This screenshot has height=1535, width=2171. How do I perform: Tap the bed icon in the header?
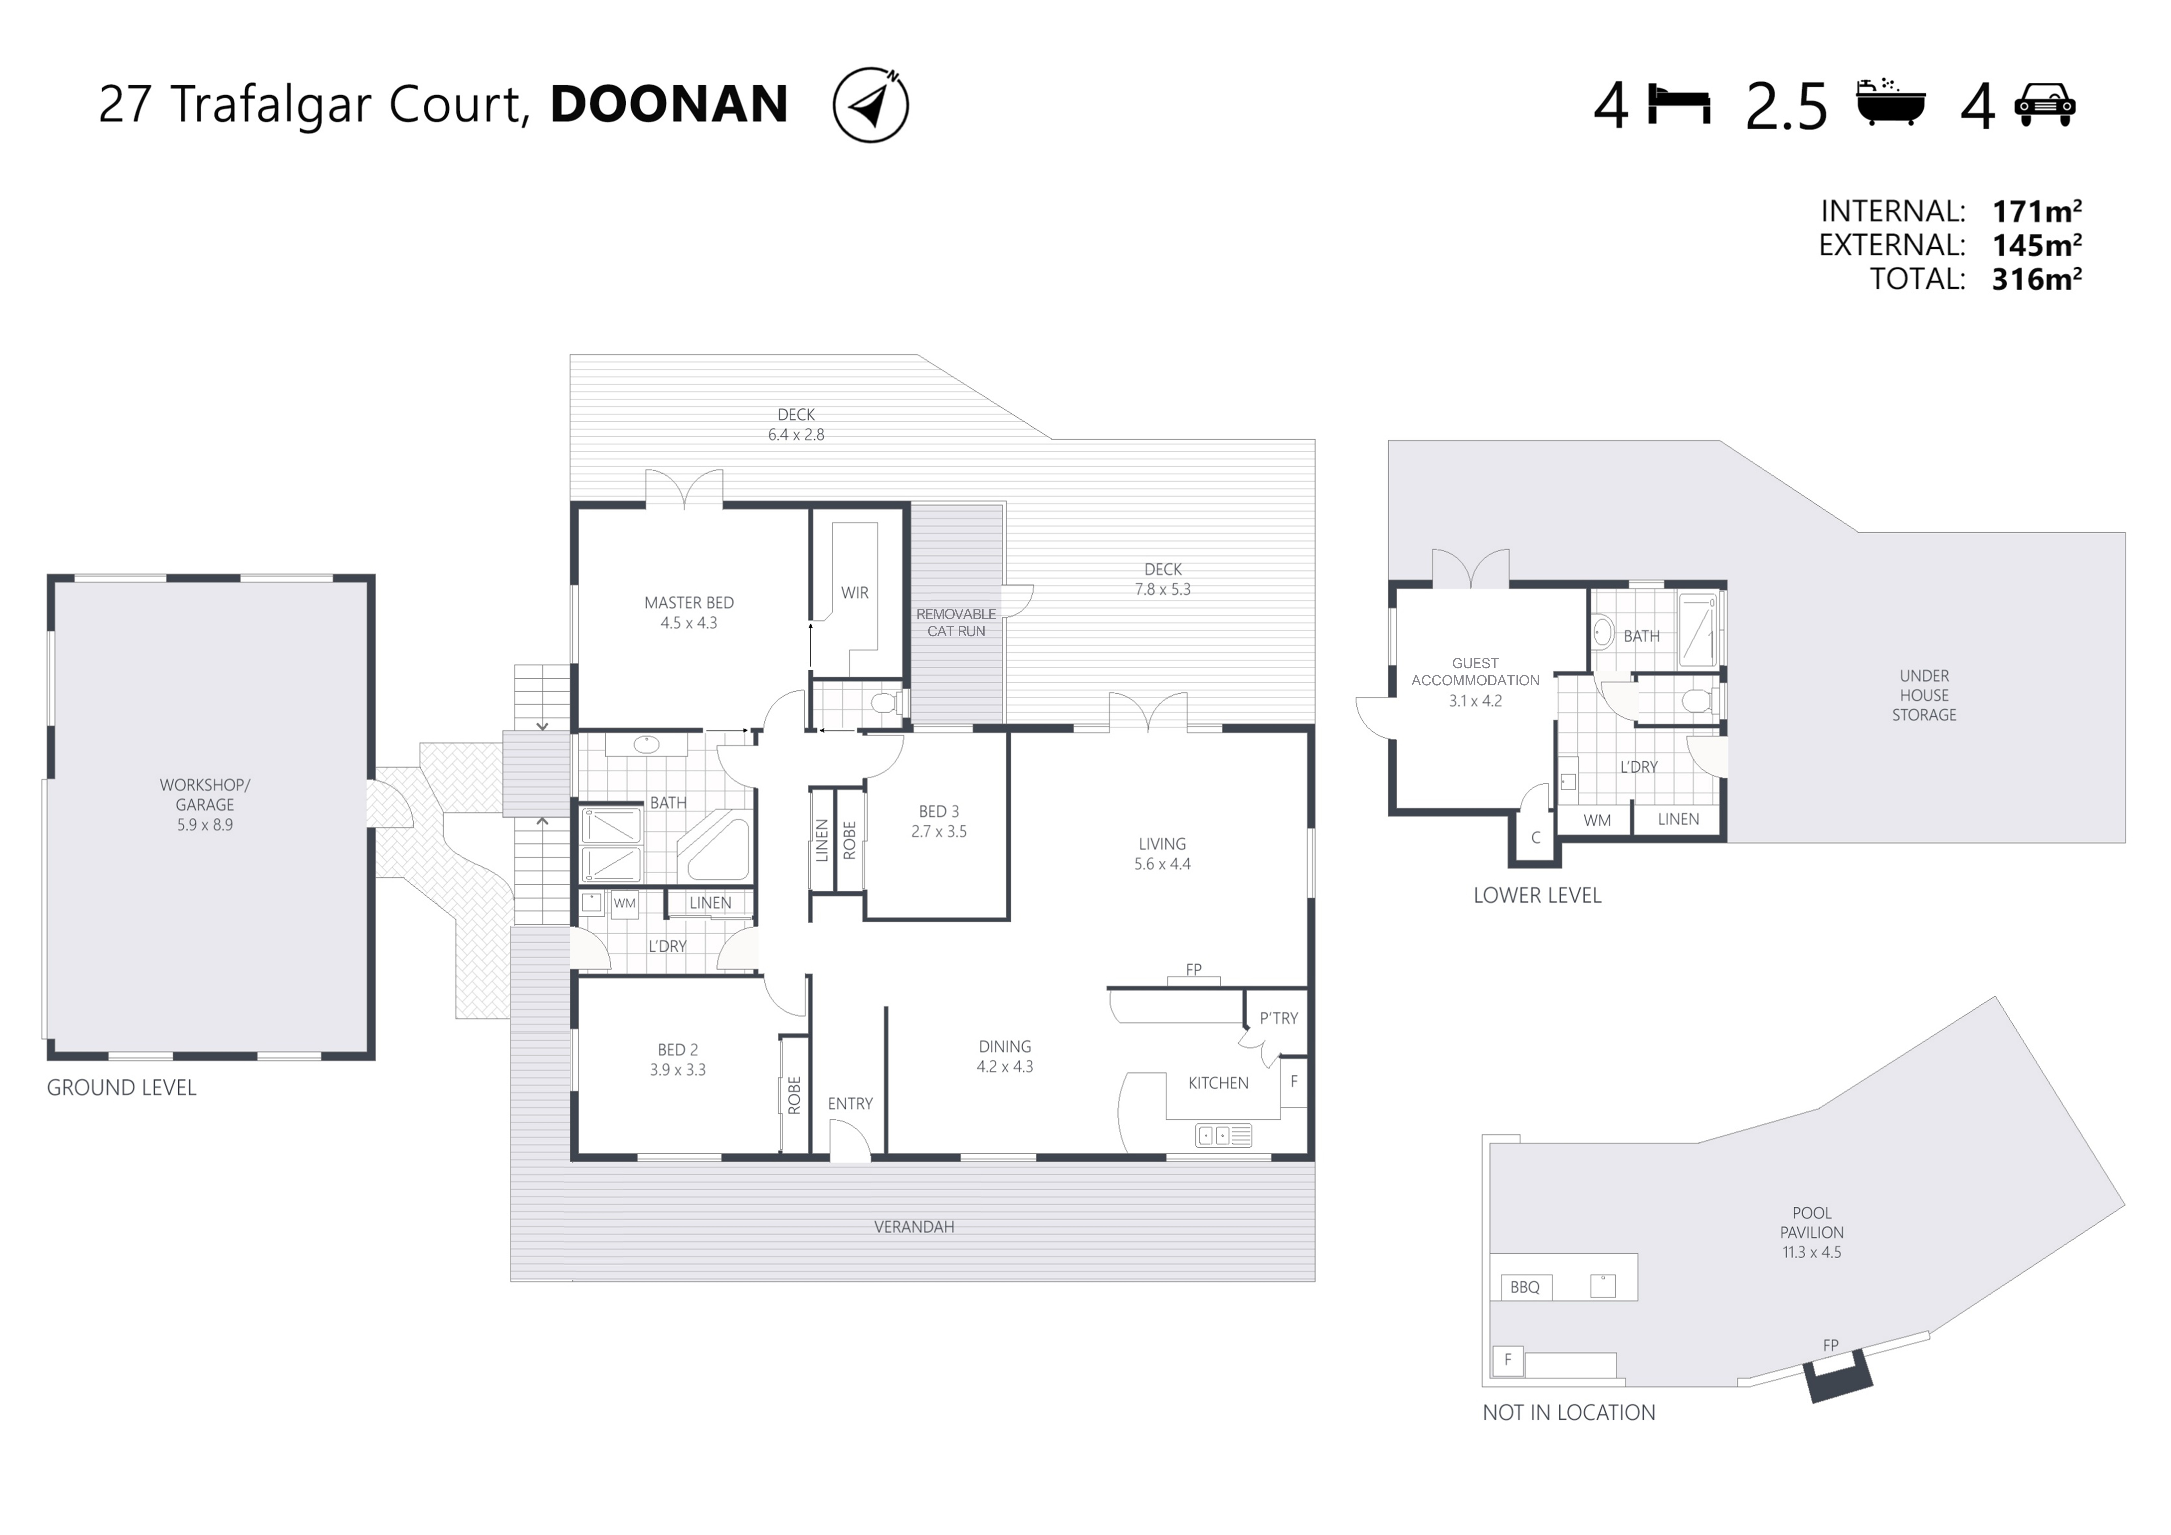pyautogui.click(x=1679, y=105)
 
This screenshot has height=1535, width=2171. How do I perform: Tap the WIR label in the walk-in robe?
pyautogui.click(x=855, y=593)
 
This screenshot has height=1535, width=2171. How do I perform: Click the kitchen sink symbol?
pyautogui.click(x=1224, y=1135)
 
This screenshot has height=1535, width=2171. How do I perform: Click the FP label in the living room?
pyautogui.click(x=1193, y=969)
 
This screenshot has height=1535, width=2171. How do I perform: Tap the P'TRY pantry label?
pyautogui.click(x=1278, y=1018)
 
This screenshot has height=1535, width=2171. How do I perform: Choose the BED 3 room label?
pyautogui.click(x=939, y=811)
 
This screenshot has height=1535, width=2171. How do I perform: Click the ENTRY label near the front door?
pyautogui.click(x=850, y=1103)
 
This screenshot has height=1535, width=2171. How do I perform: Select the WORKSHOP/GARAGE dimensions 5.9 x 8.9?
pyautogui.click(x=204, y=824)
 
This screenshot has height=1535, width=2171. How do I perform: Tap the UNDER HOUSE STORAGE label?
pyautogui.click(x=1924, y=695)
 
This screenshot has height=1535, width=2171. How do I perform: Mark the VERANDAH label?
pyautogui.click(x=913, y=1227)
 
